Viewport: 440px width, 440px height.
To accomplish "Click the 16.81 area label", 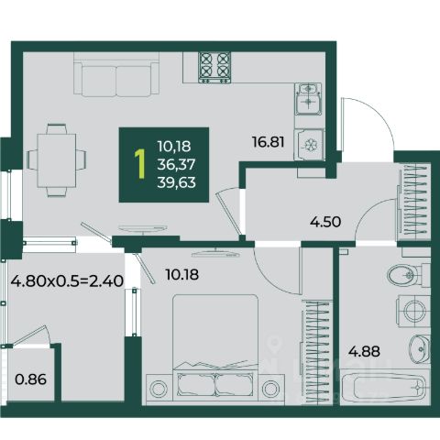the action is click(x=268, y=142).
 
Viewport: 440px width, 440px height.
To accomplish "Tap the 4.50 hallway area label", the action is click(x=325, y=222).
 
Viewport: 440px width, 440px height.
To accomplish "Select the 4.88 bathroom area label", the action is click(x=364, y=351).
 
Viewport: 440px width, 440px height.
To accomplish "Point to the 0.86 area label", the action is click(x=31, y=379).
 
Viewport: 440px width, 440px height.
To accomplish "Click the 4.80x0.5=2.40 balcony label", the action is click(x=67, y=280).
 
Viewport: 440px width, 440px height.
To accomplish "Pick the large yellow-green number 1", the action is click(x=140, y=164).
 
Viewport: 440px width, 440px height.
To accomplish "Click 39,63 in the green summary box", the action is click(x=176, y=182).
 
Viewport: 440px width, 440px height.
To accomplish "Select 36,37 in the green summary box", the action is click(x=176, y=165).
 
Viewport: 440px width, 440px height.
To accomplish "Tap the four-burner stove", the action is click(x=214, y=68).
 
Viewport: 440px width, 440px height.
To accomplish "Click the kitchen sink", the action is click(x=308, y=99).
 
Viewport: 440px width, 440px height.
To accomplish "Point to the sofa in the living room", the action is click(x=116, y=74).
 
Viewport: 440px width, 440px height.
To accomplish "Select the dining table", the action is click(x=57, y=160).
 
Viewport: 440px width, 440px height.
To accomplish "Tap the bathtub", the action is click(x=385, y=387).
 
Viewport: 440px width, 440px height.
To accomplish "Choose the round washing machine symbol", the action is click(x=414, y=311).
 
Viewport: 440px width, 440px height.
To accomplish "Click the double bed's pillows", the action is click(x=215, y=385).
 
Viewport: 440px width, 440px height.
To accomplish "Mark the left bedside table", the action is click(x=159, y=389).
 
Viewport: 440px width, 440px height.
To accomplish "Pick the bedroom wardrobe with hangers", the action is click(x=316, y=352).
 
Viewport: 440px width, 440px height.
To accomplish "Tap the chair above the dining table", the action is click(x=57, y=128).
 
